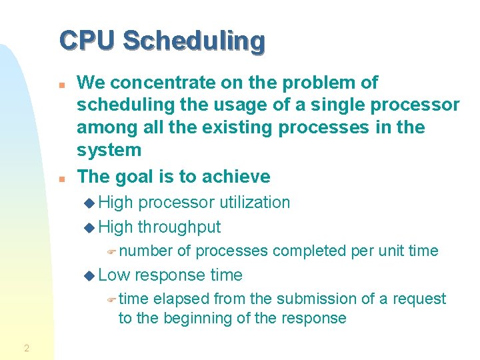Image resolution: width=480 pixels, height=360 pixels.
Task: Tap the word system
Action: point(109,151)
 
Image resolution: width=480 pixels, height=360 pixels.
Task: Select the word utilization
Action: point(247,203)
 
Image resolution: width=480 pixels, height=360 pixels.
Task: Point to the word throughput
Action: point(179,227)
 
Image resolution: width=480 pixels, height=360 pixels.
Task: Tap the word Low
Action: point(113,275)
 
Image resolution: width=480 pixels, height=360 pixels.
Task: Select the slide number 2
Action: point(26,347)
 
